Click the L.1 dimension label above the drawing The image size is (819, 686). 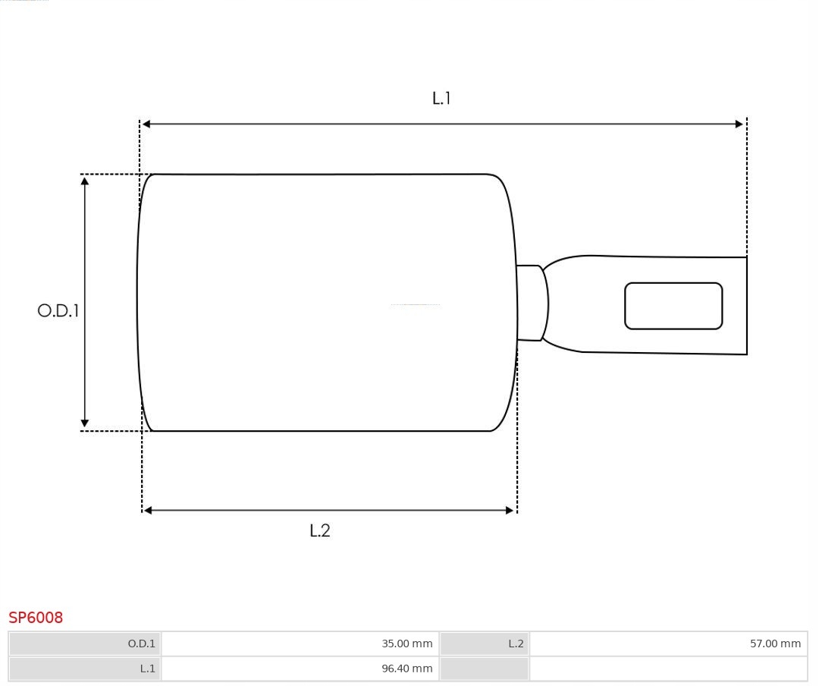pos(441,99)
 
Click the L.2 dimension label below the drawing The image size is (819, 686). pos(320,530)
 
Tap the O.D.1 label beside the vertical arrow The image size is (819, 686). pos(58,310)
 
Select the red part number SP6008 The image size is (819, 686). pos(36,618)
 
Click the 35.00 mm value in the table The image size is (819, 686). pos(407,644)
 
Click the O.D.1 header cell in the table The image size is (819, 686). pos(85,644)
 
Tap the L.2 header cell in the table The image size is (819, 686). pos(484,644)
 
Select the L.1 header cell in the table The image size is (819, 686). pos(85,669)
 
